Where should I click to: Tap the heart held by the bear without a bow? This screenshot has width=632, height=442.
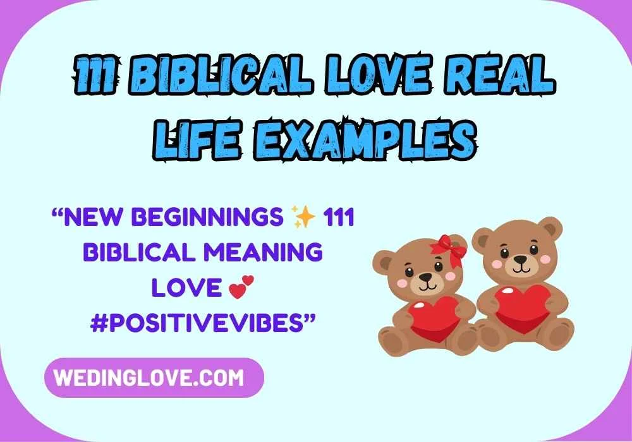(520, 308)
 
